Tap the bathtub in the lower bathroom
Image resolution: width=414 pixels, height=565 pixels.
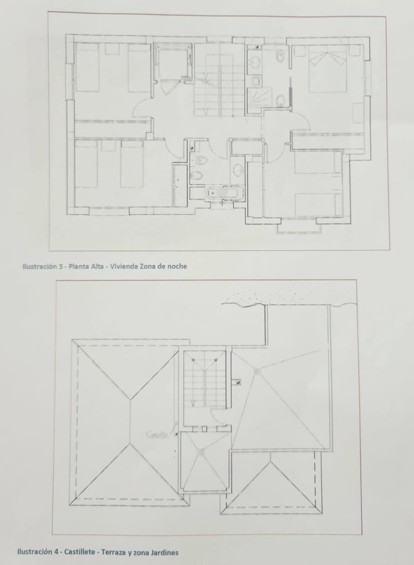225,193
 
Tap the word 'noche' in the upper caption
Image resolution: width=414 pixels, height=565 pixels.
177,266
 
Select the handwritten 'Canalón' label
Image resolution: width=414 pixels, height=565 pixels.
157,435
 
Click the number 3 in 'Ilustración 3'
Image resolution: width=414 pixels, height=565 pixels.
61,266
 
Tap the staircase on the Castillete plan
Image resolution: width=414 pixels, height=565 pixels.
204,381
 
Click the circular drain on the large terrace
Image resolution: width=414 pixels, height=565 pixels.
257,371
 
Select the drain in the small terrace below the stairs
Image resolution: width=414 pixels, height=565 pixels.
200,452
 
